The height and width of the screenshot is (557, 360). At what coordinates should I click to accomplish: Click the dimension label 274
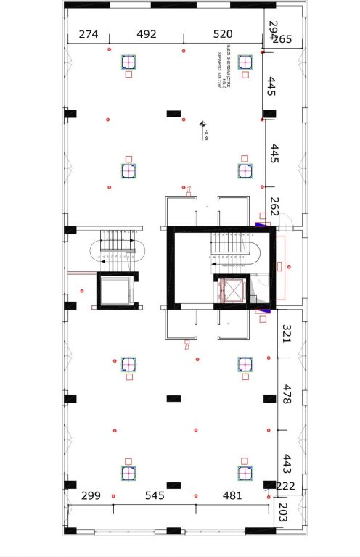pyautogui.click(x=89, y=34)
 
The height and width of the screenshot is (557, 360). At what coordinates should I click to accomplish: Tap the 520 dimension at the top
pyautogui.click(x=223, y=34)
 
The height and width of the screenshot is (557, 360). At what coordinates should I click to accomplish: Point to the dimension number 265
pyautogui.click(x=282, y=39)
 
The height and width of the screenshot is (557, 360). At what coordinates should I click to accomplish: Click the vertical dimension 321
pyautogui.click(x=287, y=334)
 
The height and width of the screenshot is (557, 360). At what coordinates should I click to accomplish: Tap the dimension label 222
pyautogui.click(x=286, y=486)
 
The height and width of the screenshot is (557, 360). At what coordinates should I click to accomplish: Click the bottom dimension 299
pyautogui.click(x=91, y=496)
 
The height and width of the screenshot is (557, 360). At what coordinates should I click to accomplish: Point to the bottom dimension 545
pyautogui.click(x=155, y=496)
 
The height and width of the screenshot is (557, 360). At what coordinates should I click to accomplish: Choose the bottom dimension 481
pyautogui.click(x=232, y=496)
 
